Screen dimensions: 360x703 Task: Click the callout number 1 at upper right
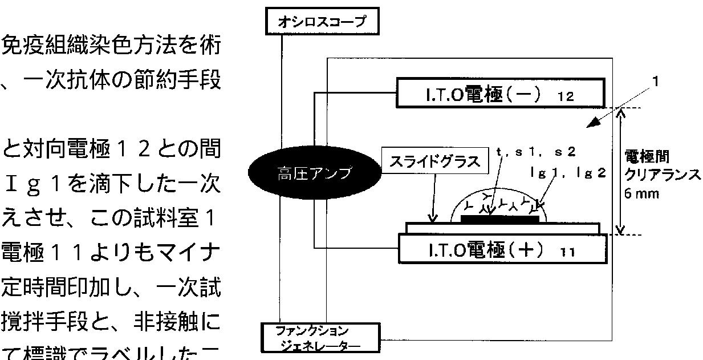(x=656, y=82)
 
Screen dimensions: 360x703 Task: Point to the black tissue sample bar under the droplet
(x=499, y=218)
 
